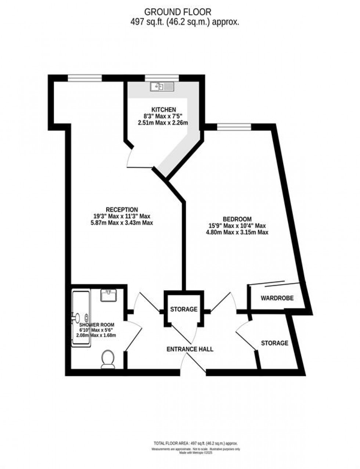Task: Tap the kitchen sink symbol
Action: click(162, 87)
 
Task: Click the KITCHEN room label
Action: click(163, 109)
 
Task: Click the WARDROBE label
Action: click(277, 298)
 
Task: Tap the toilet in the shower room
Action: click(108, 358)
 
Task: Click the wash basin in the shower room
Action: click(108, 295)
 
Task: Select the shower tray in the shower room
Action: click(80, 318)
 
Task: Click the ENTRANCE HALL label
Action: click(190, 349)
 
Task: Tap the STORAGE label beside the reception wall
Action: click(184, 310)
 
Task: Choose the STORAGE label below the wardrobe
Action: click(274, 343)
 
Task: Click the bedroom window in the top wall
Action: click(234, 127)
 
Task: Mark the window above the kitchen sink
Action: click(162, 77)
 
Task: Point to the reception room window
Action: click(84, 77)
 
